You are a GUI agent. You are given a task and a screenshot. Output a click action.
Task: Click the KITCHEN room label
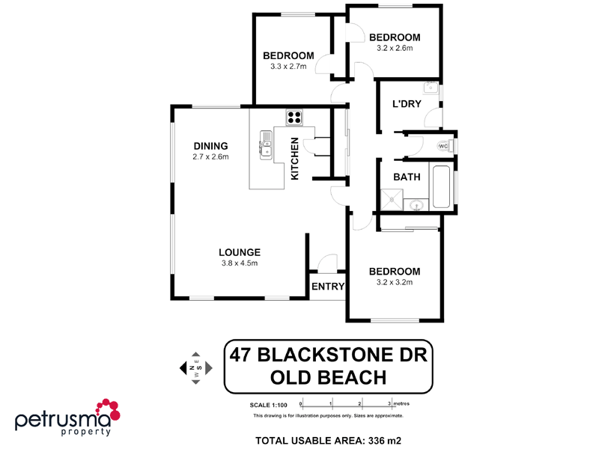(x=294, y=159)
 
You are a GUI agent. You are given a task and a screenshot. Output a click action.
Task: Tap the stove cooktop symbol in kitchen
(x=294, y=117)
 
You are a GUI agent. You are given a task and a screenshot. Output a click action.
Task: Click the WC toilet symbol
(x=444, y=146)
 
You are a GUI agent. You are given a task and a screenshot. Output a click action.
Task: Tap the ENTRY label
(x=327, y=287)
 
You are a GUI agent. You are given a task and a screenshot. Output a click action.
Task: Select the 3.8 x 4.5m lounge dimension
(x=240, y=263)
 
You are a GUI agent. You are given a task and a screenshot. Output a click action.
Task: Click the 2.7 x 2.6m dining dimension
(x=210, y=157)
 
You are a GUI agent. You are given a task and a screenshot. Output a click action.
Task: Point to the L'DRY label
(x=405, y=104)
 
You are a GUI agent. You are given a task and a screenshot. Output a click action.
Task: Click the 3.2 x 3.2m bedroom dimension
(x=395, y=283)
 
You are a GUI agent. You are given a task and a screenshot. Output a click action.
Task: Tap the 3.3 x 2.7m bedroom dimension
(x=288, y=67)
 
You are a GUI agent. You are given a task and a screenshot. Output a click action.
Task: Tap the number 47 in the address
(x=241, y=354)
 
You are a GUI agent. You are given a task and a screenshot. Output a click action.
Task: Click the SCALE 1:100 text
(x=268, y=404)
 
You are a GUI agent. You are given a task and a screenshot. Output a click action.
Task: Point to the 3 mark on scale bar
(x=389, y=403)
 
